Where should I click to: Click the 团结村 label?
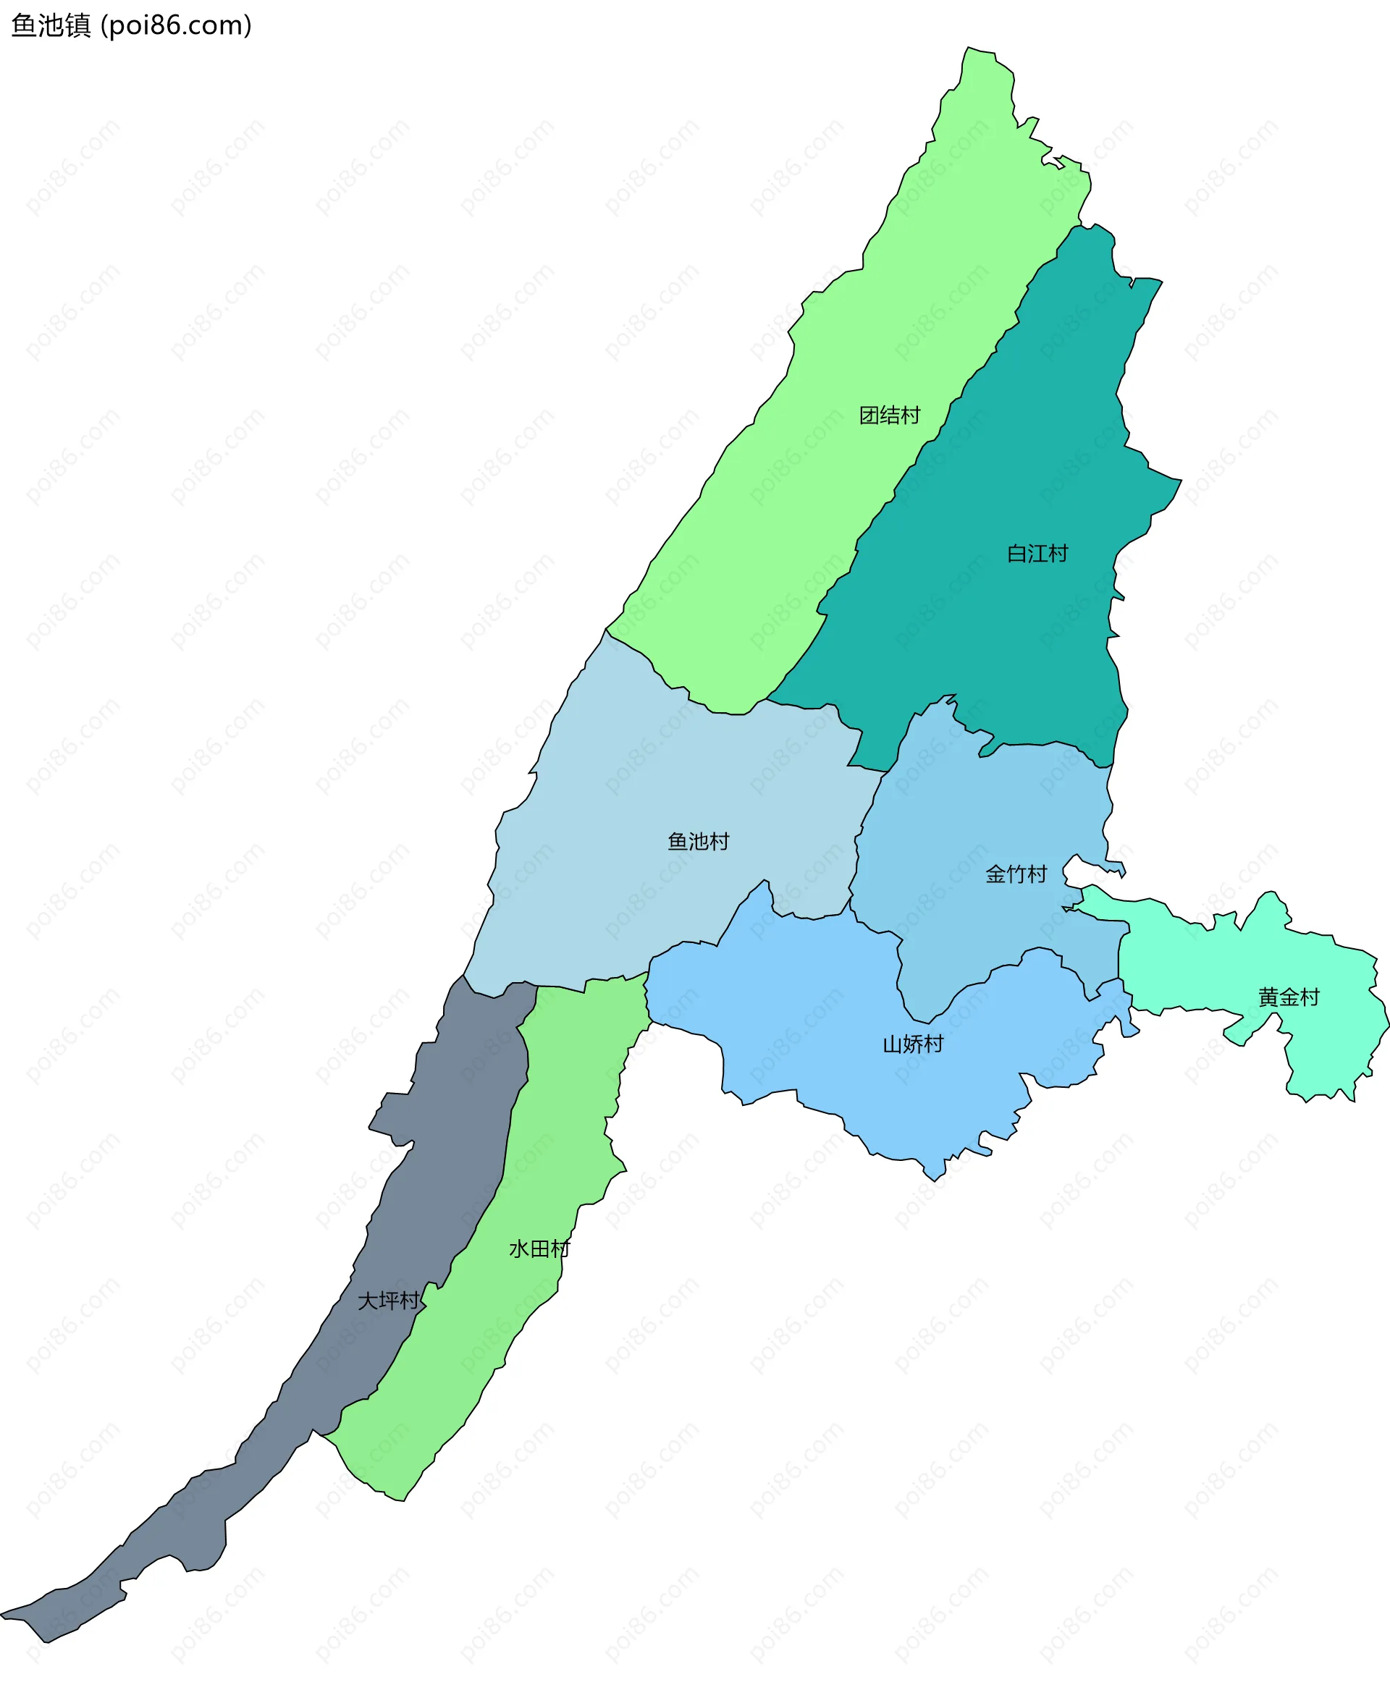pyautogui.click(x=889, y=415)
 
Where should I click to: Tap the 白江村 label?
pyautogui.click(x=1037, y=553)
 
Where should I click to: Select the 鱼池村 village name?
pyautogui.click(x=698, y=842)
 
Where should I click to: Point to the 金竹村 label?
pyautogui.click(x=1015, y=874)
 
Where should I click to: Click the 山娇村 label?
pyautogui.click(x=913, y=1044)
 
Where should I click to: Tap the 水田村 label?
pyautogui.click(x=539, y=1249)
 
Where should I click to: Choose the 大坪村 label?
pyautogui.click(x=388, y=1301)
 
